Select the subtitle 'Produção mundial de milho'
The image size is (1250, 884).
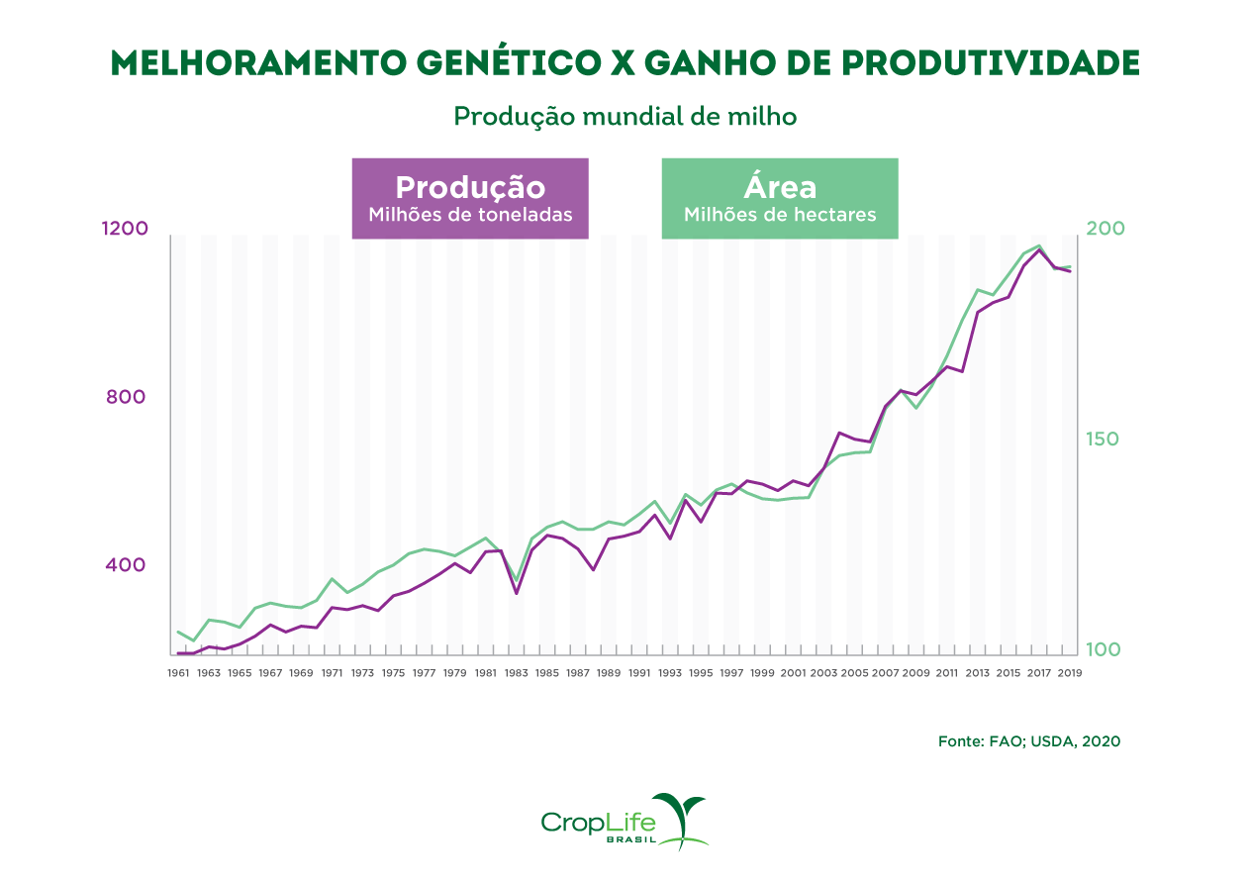tap(625, 116)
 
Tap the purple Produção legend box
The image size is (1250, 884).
tap(470, 198)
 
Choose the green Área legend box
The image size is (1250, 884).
tap(779, 198)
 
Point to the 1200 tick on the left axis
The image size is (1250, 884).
tap(125, 229)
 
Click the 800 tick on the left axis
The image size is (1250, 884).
tap(127, 397)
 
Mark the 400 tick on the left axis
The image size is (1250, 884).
tap(127, 565)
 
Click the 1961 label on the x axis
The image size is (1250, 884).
tap(178, 673)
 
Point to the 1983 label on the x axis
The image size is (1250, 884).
tap(517, 673)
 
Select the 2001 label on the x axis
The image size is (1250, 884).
tap(793, 673)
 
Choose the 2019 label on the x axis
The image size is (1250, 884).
tap(1070, 673)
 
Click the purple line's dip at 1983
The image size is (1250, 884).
tap(517, 593)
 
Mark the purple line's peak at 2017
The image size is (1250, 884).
tap(1039, 249)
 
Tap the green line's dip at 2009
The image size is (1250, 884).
tap(916, 408)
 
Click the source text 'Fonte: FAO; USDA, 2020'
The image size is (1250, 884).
tap(1028, 740)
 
